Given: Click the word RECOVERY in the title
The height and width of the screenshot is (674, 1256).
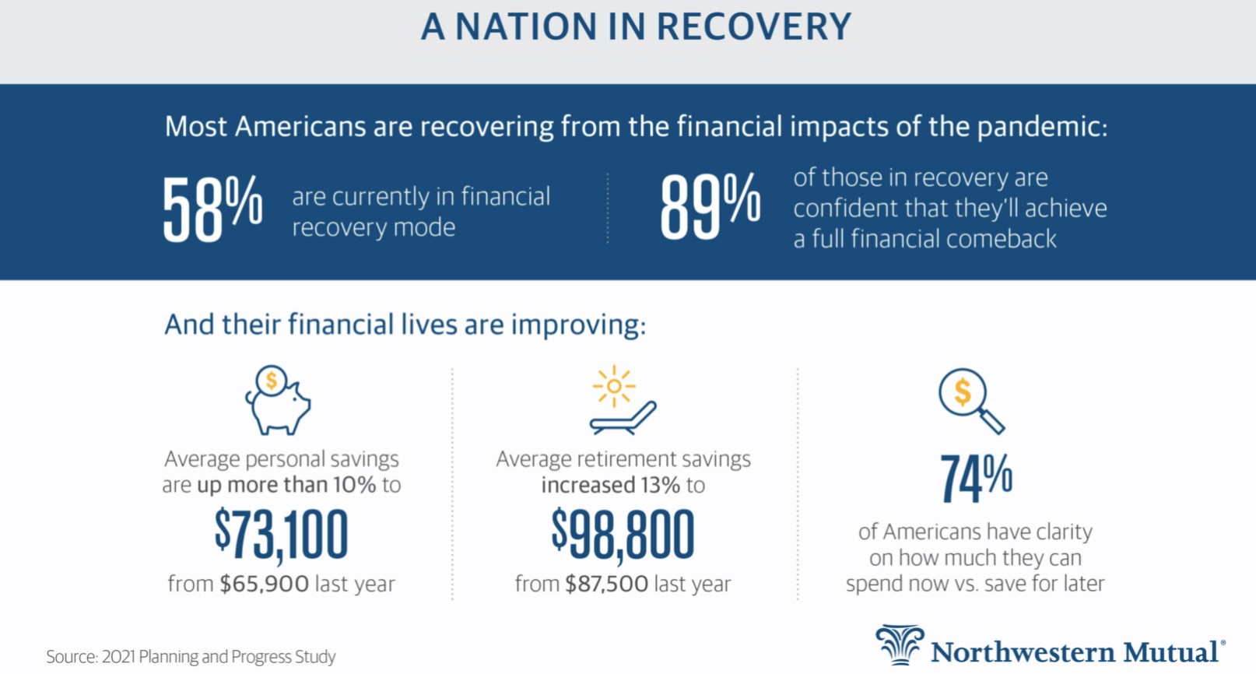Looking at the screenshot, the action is (753, 26).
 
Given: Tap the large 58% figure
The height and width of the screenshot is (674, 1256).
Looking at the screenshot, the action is (212, 209).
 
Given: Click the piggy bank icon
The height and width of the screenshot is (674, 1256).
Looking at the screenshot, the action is (278, 400).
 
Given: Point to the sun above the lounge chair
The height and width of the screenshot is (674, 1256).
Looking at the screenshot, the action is (614, 386).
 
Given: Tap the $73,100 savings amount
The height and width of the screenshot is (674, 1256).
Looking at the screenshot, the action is (282, 535).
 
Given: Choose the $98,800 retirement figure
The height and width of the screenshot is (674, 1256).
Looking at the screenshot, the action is (623, 535).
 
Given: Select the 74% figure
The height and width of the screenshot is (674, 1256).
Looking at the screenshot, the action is (976, 479).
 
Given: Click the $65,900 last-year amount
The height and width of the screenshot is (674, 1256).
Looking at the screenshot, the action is (264, 584).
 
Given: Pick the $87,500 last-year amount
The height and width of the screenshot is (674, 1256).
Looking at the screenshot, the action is (606, 584).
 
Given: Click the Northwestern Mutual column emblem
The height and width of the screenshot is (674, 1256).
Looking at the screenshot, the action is (900, 644).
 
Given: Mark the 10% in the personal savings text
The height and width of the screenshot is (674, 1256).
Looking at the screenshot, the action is (354, 485).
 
